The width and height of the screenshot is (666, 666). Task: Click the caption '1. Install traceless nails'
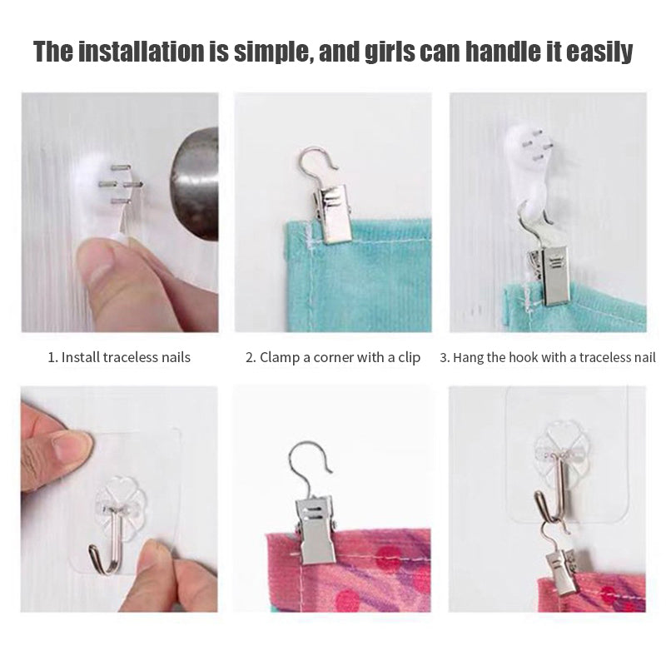click(119, 357)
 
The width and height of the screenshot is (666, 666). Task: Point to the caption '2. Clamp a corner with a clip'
click(333, 358)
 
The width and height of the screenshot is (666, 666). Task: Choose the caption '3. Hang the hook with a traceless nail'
click(548, 358)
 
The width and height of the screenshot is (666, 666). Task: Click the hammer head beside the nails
click(195, 183)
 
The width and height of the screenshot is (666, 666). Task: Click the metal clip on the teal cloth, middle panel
click(331, 214)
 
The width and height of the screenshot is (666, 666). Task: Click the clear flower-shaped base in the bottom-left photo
click(121, 499)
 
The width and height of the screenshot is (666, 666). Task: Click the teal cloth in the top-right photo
click(582, 308)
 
